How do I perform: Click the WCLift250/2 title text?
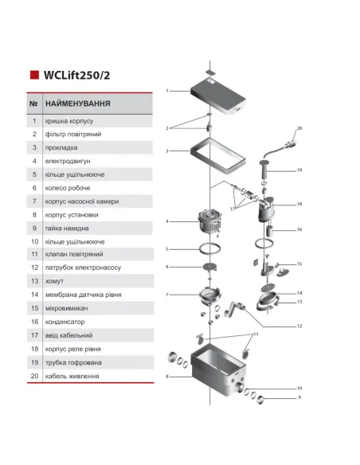click(84, 76)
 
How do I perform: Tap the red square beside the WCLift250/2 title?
click(34, 76)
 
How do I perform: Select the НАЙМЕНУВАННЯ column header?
click(78, 104)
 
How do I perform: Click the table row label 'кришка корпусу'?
click(69, 121)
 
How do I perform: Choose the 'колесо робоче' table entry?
click(67, 188)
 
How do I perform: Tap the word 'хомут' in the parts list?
click(57, 281)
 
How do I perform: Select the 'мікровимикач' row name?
click(67, 308)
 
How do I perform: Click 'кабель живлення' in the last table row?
click(72, 376)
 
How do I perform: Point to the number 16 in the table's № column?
click(34, 322)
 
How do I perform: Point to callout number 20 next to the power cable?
click(299, 127)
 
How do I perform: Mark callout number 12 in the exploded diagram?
click(299, 326)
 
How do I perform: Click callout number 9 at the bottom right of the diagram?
click(299, 397)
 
